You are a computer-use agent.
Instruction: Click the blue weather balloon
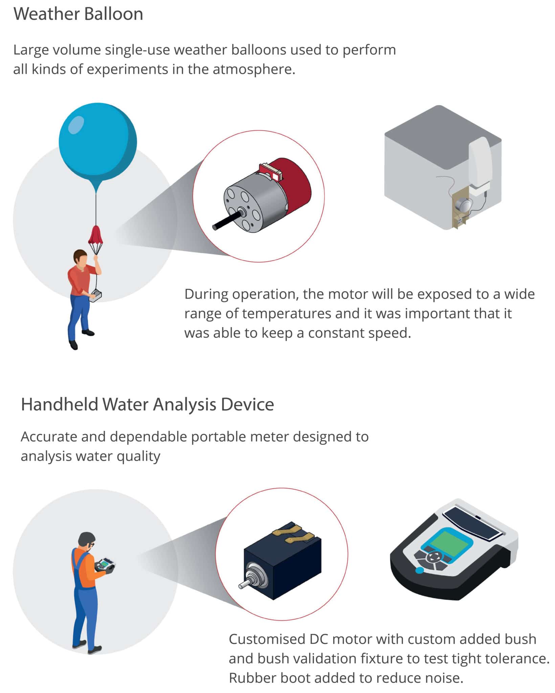pyautogui.click(x=97, y=140)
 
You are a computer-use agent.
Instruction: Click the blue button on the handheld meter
pyautogui.click(x=419, y=571)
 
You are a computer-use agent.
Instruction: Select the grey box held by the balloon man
pyautogui.click(x=95, y=296)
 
